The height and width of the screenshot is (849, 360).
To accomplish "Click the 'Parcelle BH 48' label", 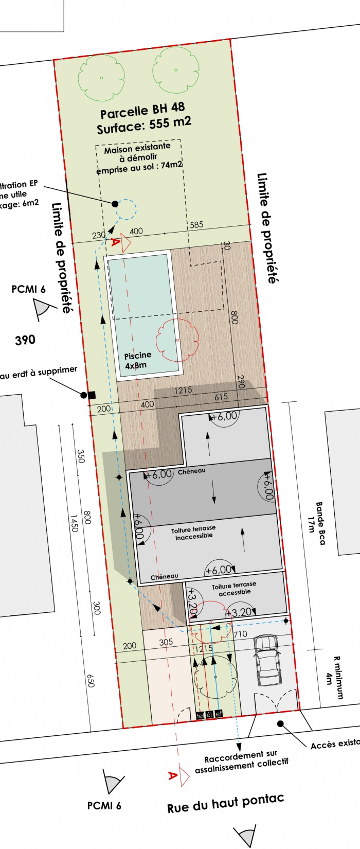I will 142,111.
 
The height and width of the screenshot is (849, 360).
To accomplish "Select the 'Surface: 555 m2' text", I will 144,125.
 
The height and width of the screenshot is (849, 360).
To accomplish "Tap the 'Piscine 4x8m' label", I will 137,360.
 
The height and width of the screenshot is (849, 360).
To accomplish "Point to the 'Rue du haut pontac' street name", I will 225,803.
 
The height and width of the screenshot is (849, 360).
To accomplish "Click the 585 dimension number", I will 196,225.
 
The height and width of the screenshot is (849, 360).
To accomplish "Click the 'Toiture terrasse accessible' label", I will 234,589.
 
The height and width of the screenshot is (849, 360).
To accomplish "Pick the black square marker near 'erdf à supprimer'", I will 92,395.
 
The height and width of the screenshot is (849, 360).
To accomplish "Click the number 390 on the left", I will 25,340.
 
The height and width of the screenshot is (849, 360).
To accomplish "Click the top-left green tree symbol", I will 101,78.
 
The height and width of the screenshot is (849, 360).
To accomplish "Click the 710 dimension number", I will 240,634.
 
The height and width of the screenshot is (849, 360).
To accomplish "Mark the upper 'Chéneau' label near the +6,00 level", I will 191,471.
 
